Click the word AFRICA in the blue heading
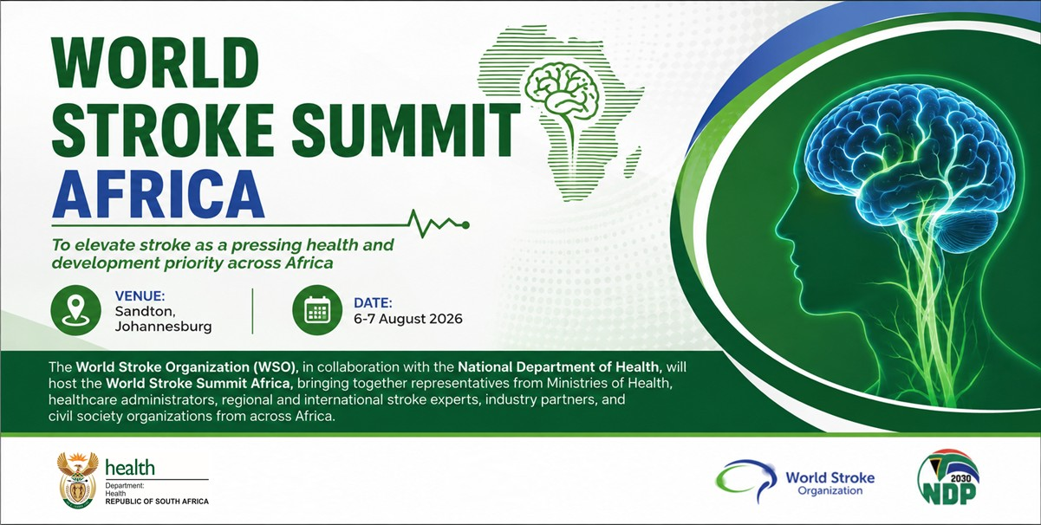[x=158, y=194]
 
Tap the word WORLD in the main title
[x=155, y=62]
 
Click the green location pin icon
[x=75, y=310]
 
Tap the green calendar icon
[x=317, y=310]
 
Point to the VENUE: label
[x=140, y=296]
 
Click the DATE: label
[x=373, y=303]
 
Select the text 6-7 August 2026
[x=408, y=319]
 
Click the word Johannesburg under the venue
[x=163, y=327]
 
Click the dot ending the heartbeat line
[x=465, y=225]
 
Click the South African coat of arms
[x=78, y=480]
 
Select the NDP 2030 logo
[x=948, y=477]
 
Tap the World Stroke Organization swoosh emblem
[x=746, y=479]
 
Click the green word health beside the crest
[x=130, y=468]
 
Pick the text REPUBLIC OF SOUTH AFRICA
[x=157, y=502]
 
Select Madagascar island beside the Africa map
[x=633, y=163]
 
